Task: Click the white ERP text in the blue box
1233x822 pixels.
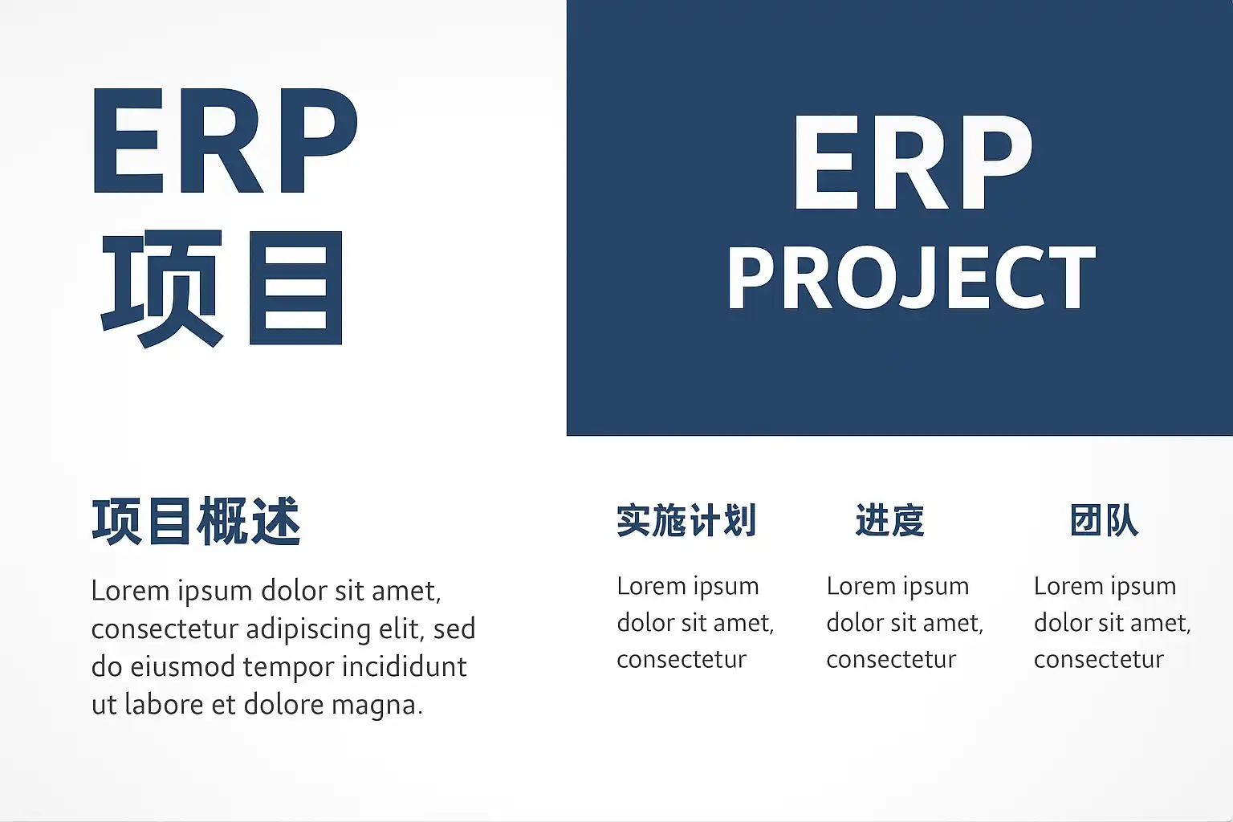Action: coord(913,162)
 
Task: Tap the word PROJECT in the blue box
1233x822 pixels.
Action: coord(912,279)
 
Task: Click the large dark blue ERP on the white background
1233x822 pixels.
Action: coord(226,140)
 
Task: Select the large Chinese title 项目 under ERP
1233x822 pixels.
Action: coord(222,289)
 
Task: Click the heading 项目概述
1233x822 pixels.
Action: coord(196,521)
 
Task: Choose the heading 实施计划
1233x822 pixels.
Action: coord(686,520)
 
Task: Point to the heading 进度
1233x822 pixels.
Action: coord(890,520)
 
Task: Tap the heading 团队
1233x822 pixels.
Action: coord(1105,520)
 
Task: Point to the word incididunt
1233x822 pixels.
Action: coord(405,666)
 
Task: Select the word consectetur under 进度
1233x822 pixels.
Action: coord(891,660)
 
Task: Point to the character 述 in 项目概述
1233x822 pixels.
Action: coord(275,521)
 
